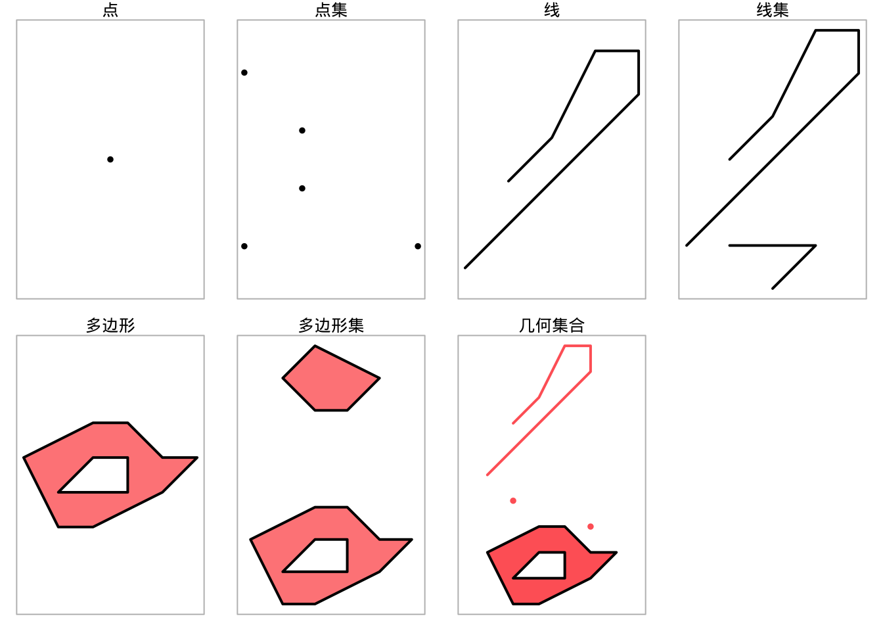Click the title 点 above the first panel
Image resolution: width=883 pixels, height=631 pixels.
[110, 10]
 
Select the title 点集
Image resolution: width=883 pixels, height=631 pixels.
[331, 10]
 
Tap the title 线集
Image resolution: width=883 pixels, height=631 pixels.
[773, 10]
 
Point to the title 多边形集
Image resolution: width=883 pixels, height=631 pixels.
[331, 326]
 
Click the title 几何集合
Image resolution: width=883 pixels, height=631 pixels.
[552, 326]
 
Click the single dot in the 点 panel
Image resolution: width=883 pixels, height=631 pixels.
[110, 159]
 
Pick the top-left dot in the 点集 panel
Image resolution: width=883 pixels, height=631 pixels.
[244, 72]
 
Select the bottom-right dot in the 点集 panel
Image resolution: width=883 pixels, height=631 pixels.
[418, 246]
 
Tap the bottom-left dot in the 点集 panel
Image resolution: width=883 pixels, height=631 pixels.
[244, 246]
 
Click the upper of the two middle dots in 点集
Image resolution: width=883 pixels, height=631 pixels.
[302, 131]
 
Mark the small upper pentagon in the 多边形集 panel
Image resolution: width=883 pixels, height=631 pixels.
[331, 379]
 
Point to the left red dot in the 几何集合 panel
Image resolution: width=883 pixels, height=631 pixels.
[513, 501]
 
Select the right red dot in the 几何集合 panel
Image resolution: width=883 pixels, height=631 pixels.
[591, 526]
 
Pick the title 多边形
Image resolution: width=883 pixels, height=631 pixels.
[110, 326]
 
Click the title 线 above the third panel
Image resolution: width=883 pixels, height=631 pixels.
[552, 10]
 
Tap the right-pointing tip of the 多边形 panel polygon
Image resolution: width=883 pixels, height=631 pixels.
[197, 457]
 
